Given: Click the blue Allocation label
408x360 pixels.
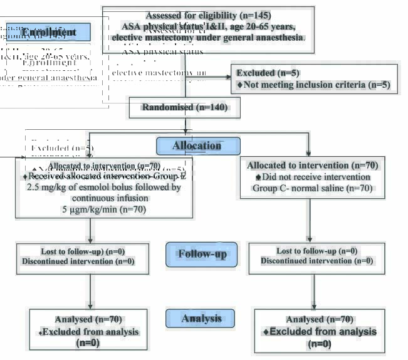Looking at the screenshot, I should pos(197,146).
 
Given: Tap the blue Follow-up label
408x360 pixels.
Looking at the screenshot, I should pos(202,254).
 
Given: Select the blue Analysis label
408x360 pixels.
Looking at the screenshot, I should pos(202,319).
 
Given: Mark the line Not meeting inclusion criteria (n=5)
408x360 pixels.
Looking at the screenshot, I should pos(316,85).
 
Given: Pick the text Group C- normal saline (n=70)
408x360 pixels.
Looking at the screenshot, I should pos(311,188).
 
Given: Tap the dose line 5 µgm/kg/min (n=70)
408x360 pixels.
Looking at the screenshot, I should pos(104,209).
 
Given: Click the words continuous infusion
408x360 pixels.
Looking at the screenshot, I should pos(104,198).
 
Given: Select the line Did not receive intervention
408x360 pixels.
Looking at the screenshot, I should pos(316,177).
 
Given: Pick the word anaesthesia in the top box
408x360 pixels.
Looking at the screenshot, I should pos(278,37).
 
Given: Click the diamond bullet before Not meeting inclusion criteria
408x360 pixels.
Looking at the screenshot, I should pos(239,85).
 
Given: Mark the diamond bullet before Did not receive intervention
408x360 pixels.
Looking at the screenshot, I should pos(258,177).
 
